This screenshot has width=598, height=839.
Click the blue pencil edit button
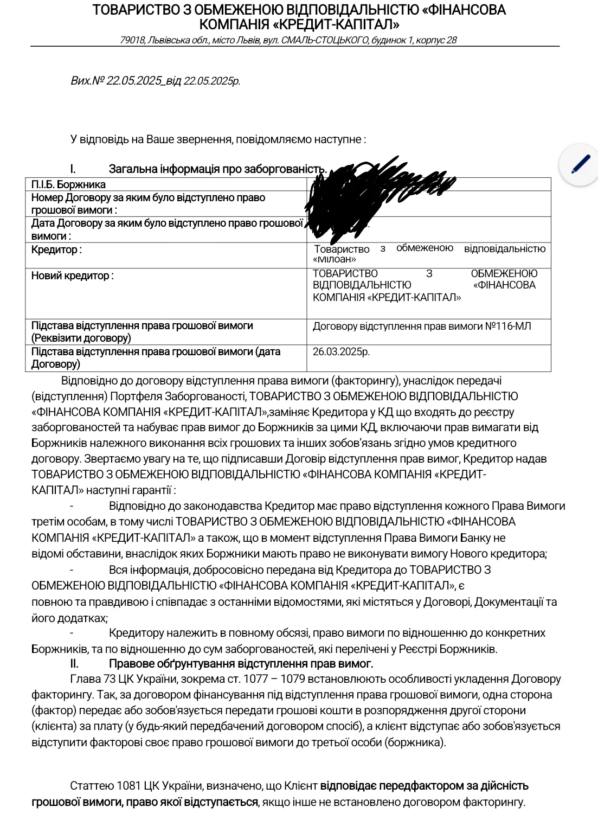(x=580, y=164)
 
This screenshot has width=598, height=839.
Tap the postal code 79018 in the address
(x=132, y=40)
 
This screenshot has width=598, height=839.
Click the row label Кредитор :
(x=56, y=249)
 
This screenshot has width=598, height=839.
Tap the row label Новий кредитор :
(x=72, y=276)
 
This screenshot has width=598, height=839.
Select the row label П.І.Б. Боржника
(x=68, y=184)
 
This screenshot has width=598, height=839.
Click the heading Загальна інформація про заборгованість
(x=217, y=169)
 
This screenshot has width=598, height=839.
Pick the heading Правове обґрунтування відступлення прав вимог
(x=241, y=663)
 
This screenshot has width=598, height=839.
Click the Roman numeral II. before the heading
(x=74, y=663)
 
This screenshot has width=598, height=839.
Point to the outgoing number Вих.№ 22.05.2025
(x=116, y=81)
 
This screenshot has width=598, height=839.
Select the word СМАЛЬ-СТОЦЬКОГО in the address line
(x=325, y=40)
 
